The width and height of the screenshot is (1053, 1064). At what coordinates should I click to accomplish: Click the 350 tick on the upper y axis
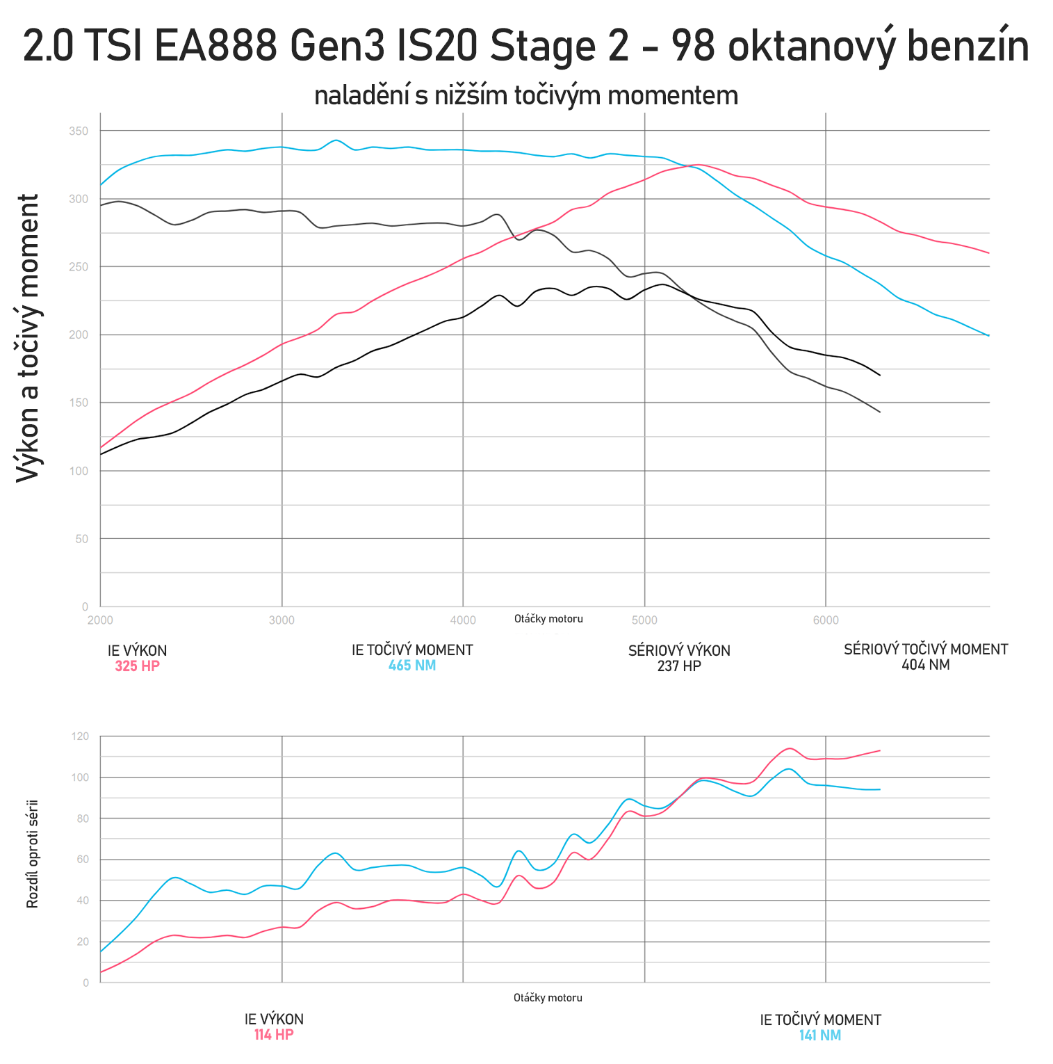point(79,131)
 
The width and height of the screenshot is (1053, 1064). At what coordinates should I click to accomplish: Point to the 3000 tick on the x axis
point(281,620)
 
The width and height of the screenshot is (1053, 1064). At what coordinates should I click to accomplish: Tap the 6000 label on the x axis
point(826,620)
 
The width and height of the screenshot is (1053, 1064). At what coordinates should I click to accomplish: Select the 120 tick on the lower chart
point(81,736)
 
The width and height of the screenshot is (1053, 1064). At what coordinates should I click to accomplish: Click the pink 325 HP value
point(137,666)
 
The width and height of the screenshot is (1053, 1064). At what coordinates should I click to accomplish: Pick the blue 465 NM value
point(412,666)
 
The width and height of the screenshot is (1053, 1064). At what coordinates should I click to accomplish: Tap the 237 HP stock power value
point(679,666)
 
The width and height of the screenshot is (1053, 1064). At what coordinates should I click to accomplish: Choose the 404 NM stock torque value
point(925,665)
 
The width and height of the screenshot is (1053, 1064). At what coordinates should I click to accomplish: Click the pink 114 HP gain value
point(274,1035)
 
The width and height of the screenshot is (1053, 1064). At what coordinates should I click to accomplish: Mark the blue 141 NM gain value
point(820,1035)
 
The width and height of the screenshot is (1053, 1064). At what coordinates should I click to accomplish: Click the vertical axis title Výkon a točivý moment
point(28,338)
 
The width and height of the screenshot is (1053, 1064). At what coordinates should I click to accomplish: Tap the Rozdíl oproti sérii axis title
point(32,854)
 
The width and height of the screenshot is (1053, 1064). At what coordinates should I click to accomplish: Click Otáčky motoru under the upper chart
point(548,619)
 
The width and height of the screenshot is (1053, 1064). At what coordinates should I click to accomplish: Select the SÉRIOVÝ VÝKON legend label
point(679,651)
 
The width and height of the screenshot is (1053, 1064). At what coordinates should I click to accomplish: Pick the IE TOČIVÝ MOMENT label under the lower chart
point(820,1020)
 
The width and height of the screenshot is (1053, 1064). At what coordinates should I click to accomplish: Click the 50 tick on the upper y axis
point(82,539)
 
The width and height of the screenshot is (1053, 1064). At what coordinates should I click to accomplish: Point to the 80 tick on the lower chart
point(83,819)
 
